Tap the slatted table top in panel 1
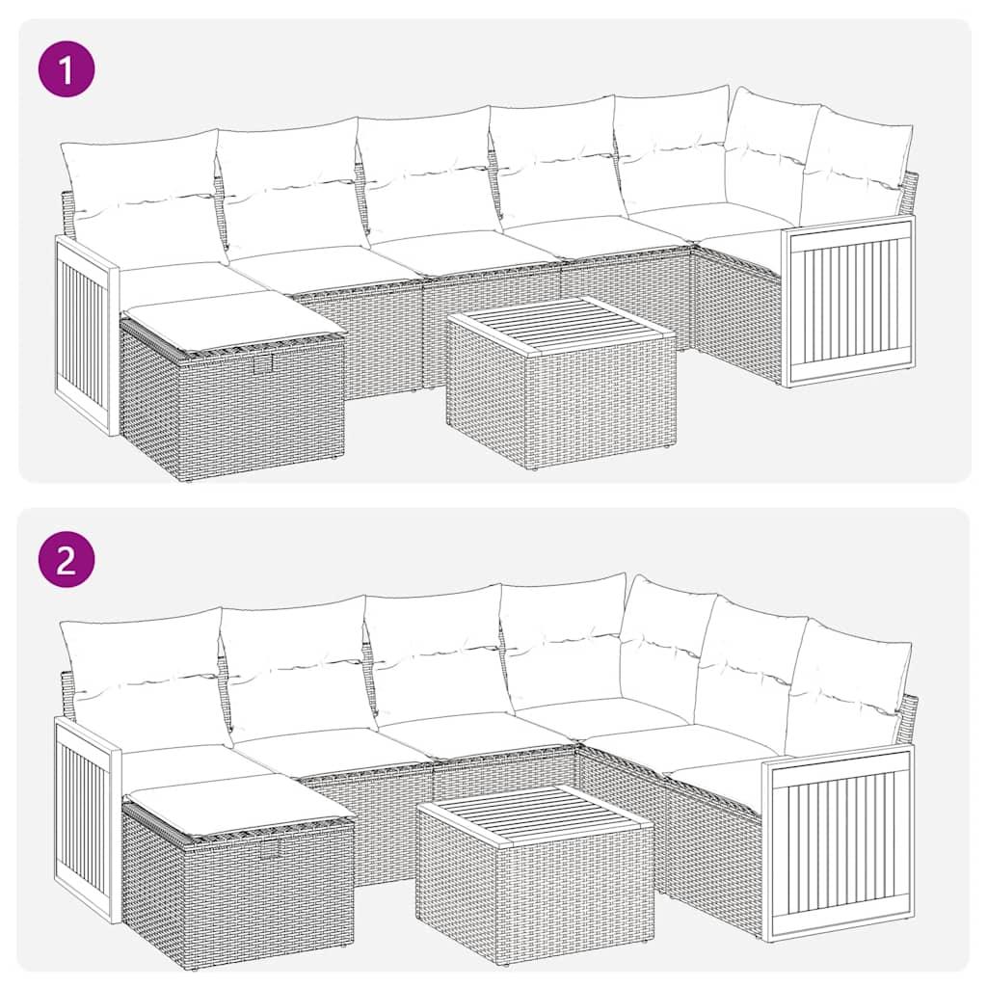click(562, 325)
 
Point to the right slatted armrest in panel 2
click(839, 840)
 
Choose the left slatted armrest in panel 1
click(85, 333)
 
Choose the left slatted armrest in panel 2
click(86, 819)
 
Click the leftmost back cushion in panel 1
click(143, 198)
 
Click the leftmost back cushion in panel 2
click(145, 680)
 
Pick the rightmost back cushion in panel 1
click(856, 169)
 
